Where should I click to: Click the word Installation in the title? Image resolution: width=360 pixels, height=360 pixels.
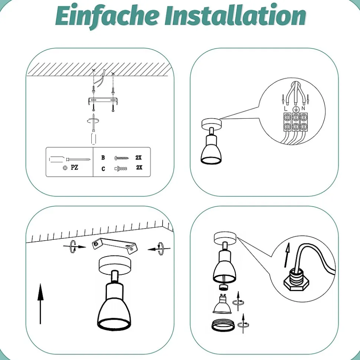point(235,15)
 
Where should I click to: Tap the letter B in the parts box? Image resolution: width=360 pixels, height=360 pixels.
point(103,158)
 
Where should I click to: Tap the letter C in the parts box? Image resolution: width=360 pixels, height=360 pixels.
point(103,169)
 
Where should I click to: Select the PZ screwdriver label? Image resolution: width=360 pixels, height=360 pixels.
point(75,167)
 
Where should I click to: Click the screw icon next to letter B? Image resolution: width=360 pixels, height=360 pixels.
point(122,158)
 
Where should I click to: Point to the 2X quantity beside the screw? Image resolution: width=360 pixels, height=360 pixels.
point(139,158)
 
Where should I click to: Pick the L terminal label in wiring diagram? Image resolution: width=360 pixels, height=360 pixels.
point(286,108)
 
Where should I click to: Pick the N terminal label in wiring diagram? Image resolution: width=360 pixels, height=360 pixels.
point(303,108)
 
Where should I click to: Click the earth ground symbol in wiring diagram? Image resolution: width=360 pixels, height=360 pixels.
point(296,109)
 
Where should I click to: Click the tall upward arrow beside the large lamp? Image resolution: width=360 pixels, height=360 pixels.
point(40,304)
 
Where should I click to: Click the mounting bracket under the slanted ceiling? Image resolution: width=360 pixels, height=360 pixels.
point(115,246)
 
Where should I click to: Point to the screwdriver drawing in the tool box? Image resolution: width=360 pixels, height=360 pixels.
point(70,159)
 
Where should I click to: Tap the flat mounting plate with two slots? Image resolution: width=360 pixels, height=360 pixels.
point(103,101)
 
